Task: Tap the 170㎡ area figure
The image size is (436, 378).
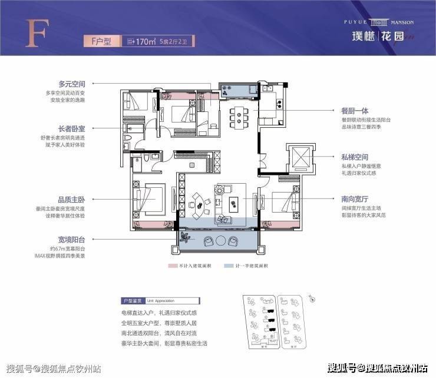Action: click(144, 41)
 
